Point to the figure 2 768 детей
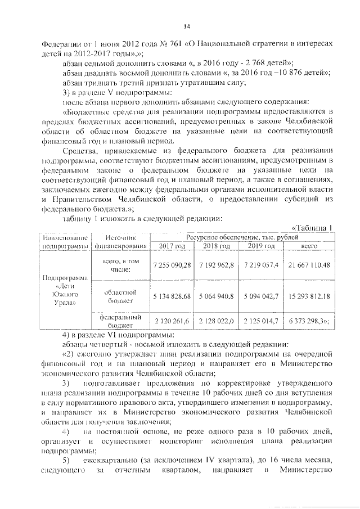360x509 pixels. pyautogui.click(x=257, y=63)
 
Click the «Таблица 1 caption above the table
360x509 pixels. pyautogui.click(x=314, y=228)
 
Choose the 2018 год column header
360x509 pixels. pyautogui.click(x=217, y=246)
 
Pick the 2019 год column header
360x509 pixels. pyautogui.click(x=260, y=246)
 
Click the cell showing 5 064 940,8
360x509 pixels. pyautogui.click(x=217, y=296)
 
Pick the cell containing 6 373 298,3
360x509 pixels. pyautogui.click(x=308, y=320)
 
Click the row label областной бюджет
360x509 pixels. pyautogui.click(x=121, y=296)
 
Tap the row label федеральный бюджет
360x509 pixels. pyautogui.click(x=121, y=320)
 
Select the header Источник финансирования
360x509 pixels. pyautogui.click(x=121, y=241)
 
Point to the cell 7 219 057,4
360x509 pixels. pyautogui.click(x=260, y=265)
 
